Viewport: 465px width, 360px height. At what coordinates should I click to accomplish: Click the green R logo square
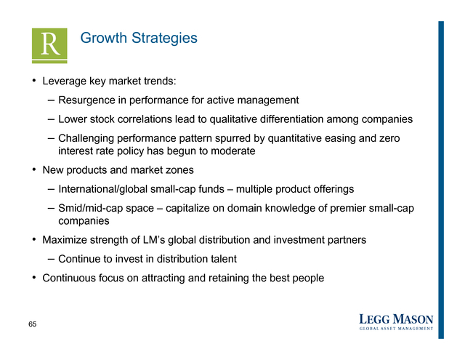tap(49, 46)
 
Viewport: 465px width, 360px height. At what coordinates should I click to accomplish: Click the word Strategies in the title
tap(164, 39)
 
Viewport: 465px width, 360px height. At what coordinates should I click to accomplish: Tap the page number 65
tap(32, 324)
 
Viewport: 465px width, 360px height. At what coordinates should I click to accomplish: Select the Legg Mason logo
tap(396, 322)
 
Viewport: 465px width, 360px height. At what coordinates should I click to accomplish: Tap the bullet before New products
tap(34, 169)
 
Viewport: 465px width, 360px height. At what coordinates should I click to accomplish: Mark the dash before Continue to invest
tap(51, 259)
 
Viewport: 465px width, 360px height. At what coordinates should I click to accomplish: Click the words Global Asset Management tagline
tap(396, 329)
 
